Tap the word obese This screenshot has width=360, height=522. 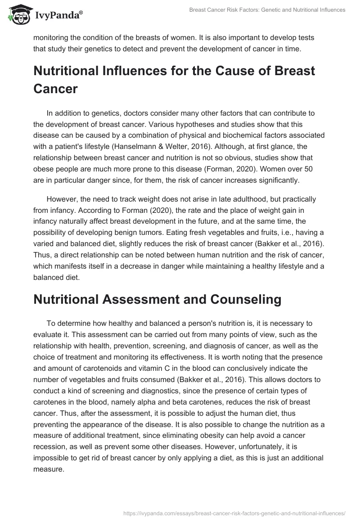pos(44,169)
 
